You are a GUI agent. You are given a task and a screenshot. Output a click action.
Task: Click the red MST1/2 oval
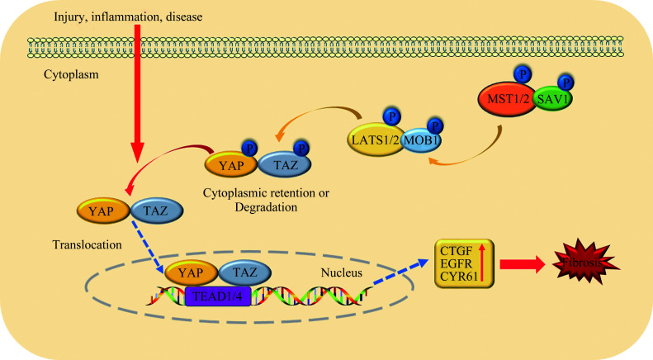point(507,99)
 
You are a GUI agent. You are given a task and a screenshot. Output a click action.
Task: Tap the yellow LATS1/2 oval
point(374,140)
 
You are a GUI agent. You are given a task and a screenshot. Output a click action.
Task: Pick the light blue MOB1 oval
point(421,140)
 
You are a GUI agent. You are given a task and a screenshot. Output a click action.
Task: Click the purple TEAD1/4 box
point(218,296)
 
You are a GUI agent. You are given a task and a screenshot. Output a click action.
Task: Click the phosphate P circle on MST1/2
point(523,74)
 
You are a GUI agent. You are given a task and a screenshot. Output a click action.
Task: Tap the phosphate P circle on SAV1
point(565,83)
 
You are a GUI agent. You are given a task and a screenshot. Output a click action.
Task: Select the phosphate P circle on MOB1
point(435,126)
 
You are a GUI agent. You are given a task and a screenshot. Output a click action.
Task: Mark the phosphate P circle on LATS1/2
point(391,116)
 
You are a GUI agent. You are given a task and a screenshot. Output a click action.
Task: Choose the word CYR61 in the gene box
point(458,276)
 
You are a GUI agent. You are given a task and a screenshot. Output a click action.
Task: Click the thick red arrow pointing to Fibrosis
point(523,263)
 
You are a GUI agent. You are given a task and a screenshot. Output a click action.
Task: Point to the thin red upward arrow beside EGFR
point(482,262)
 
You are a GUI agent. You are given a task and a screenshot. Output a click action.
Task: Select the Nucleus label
point(342,272)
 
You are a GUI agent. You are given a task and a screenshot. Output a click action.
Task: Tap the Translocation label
point(87,244)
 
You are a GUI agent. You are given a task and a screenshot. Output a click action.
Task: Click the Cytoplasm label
point(71,75)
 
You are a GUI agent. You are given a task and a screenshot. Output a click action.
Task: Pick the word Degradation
point(266,207)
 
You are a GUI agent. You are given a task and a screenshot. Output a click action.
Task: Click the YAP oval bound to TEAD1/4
point(192,273)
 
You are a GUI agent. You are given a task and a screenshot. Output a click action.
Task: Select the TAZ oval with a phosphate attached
point(285,165)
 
